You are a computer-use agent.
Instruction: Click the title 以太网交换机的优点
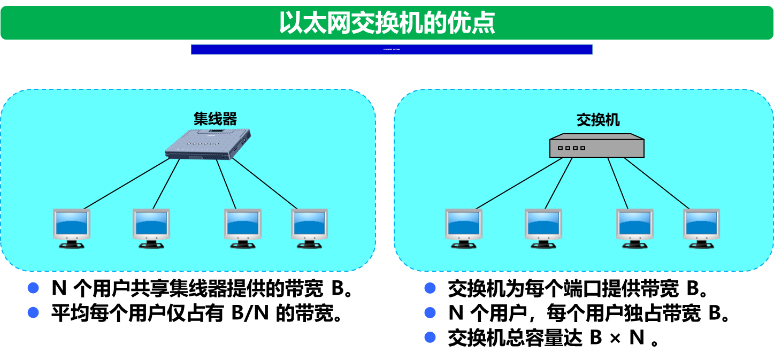click(x=387, y=23)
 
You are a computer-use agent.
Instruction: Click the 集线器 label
click(x=215, y=118)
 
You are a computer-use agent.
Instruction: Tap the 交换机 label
click(x=598, y=120)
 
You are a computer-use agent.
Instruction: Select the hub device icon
click(x=208, y=144)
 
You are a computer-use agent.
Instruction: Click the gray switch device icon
click(x=597, y=145)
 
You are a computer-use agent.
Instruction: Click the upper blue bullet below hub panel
click(x=33, y=288)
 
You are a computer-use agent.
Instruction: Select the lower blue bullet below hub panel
click(x=33, y=312)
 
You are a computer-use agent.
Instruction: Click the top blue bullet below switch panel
click(x=430, y=288)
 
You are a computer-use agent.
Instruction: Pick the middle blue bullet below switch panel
click(x=430, y=312)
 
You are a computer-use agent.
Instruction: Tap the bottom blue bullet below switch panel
click(x=430, y=337)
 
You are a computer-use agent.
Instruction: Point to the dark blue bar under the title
click(x=392, y=49)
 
